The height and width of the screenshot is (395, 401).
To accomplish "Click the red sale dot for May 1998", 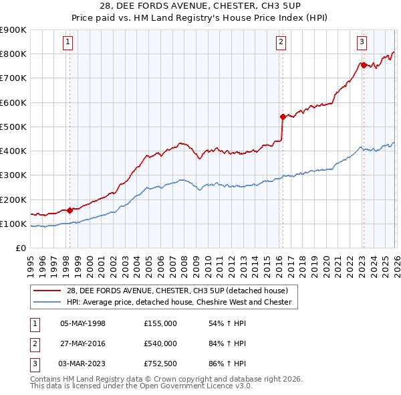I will tap(70, 210).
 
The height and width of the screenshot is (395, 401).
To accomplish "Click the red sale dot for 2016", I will tap(283, 116).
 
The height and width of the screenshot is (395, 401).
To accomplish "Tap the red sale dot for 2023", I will tap(363, 65).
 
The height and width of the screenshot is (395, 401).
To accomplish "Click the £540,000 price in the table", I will tap(160, 343).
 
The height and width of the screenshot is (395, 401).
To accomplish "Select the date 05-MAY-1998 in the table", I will tap(83, 323).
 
